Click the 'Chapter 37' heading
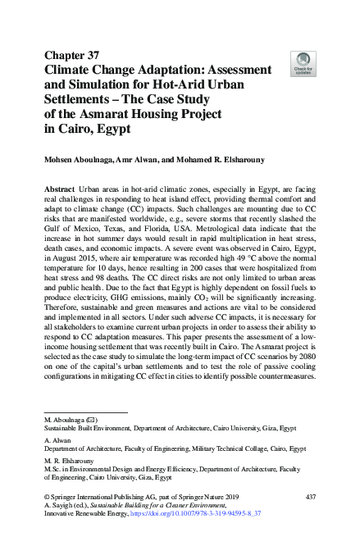pyautogui.click(x=71, y=55)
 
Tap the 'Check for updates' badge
pyautogui.click(x=303, y=62)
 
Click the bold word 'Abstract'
pyautogui.click(x=62, y=189)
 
